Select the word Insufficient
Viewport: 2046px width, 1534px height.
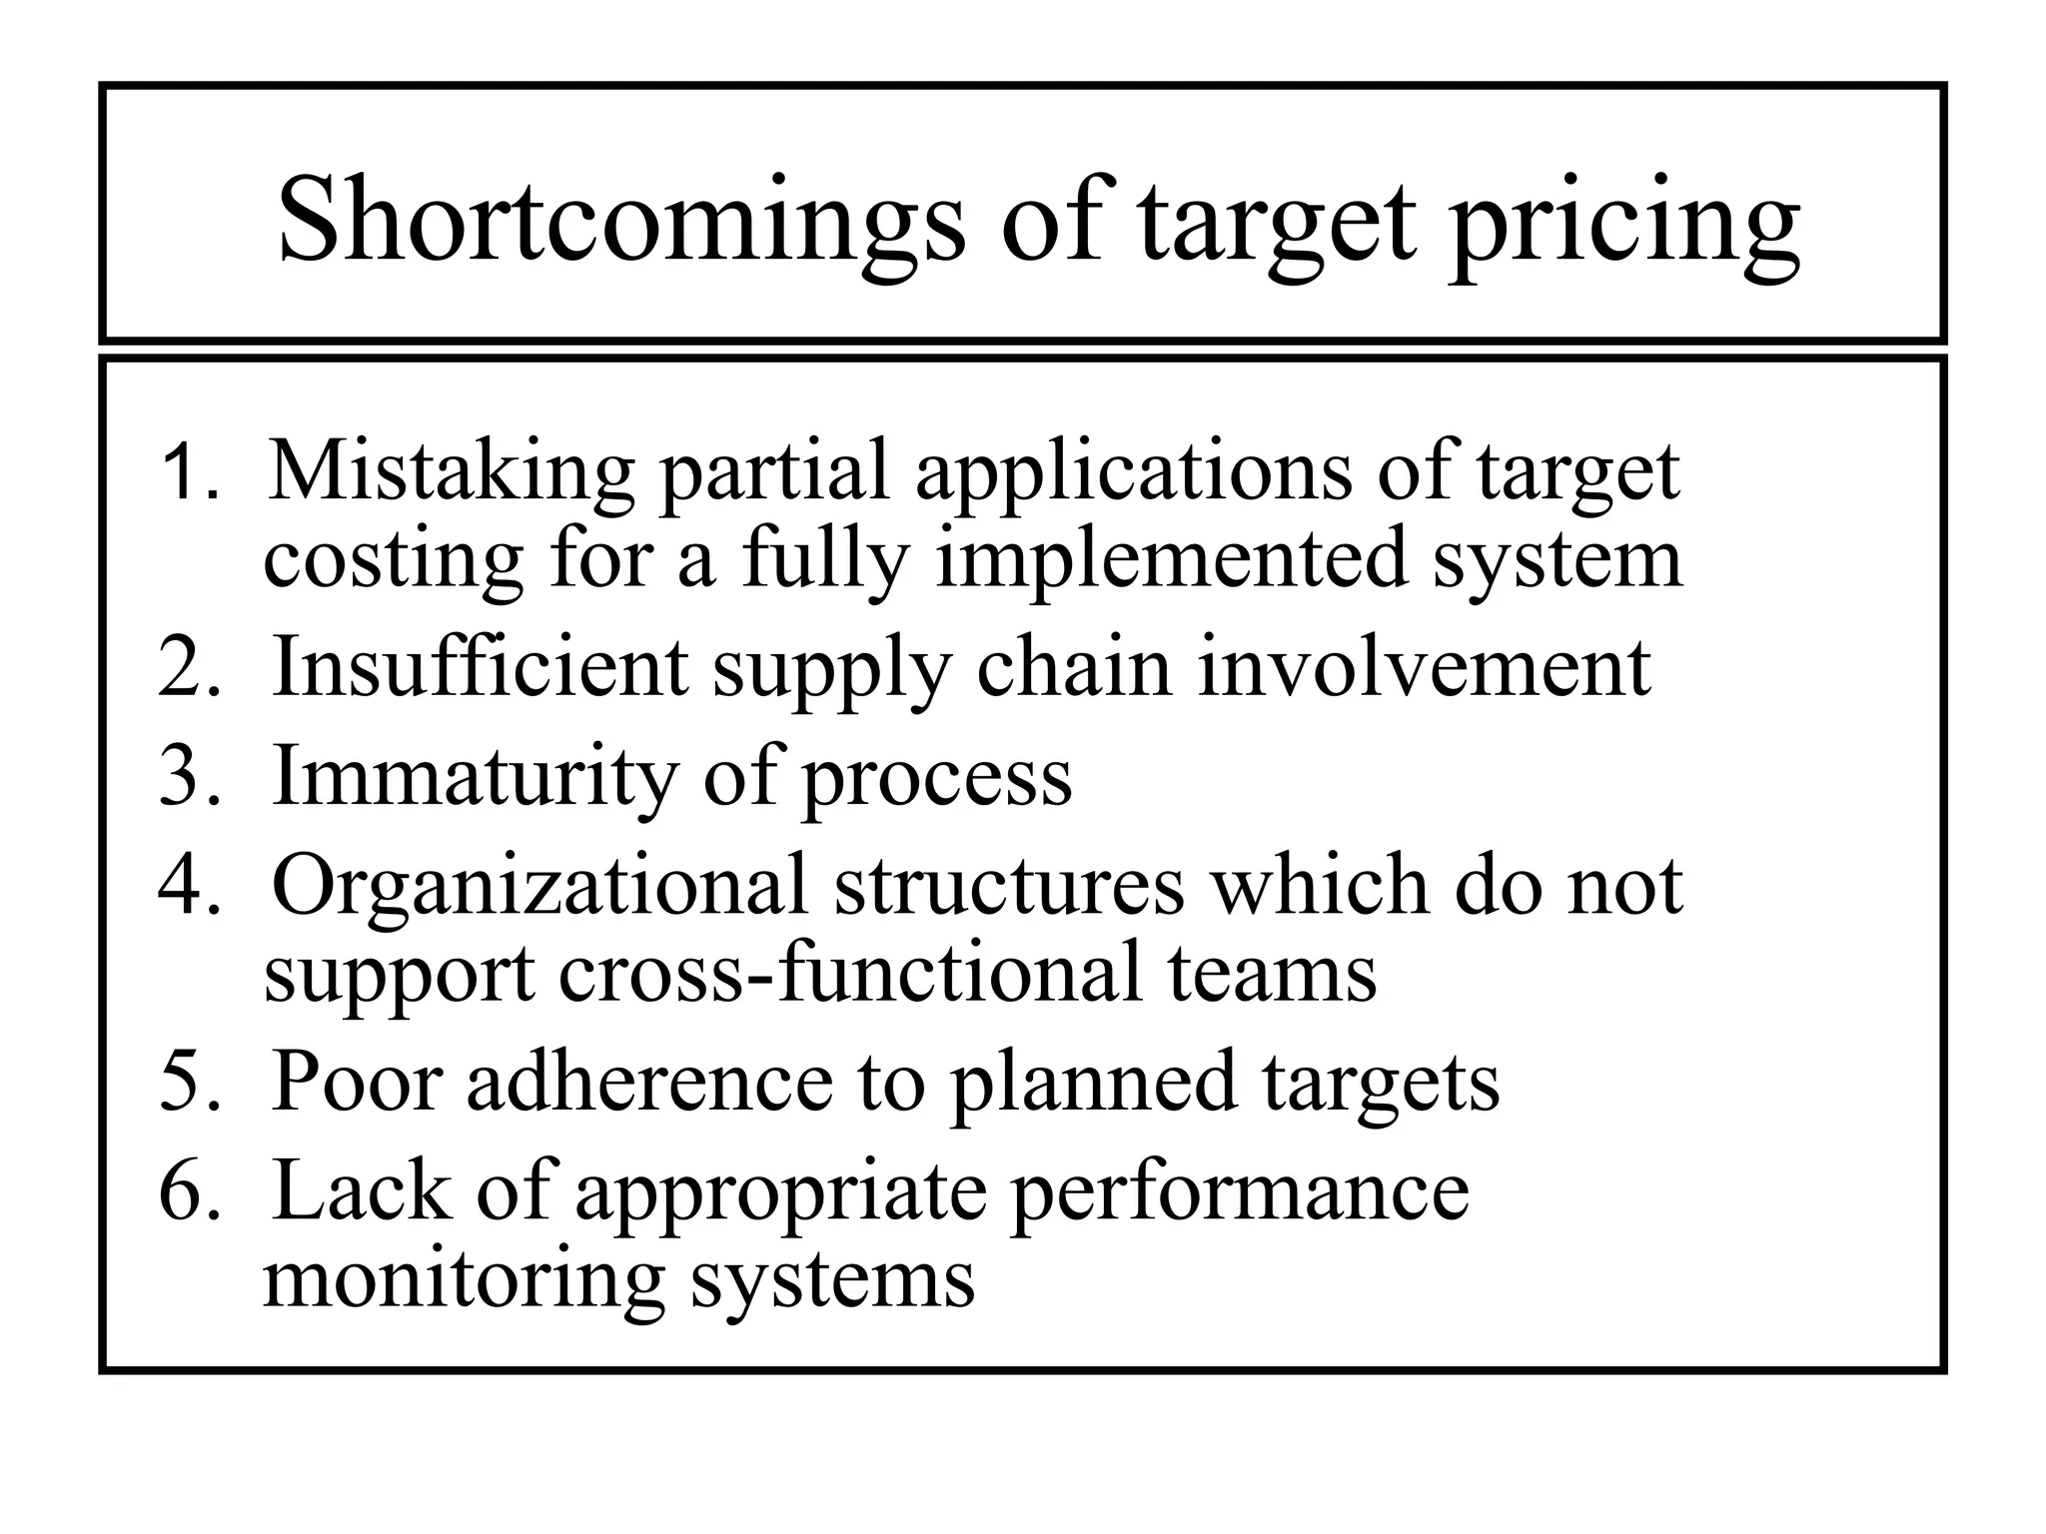(480, 667)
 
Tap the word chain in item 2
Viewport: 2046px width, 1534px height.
(1074, 667)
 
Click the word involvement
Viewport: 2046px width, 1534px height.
(1424, 667)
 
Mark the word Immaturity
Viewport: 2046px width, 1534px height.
(475, 776)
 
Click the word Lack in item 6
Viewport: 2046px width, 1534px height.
(361, 1190)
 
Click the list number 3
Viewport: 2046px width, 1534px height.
(187, 776)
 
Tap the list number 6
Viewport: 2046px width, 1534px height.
(187, 1190)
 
